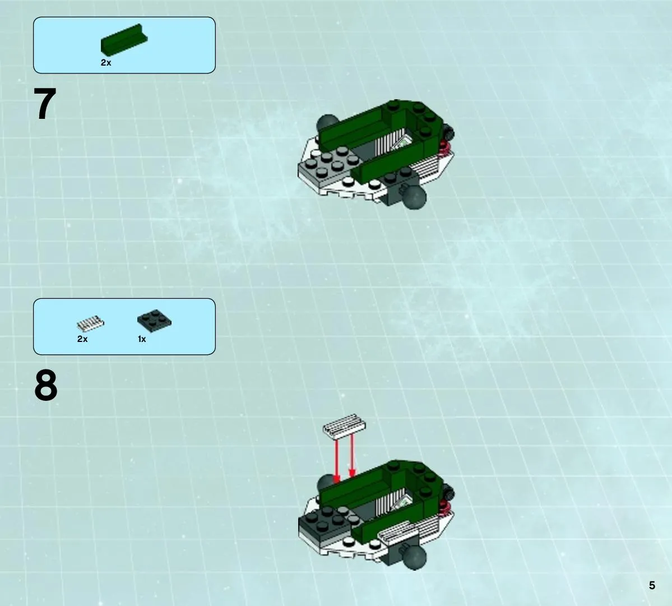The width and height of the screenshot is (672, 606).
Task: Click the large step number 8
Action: click(45, 385)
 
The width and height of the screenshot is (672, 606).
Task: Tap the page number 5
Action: click(652, 585)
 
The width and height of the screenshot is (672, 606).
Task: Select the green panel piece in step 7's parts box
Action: click(124, 39)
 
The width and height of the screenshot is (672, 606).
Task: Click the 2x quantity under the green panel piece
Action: click(106, 63)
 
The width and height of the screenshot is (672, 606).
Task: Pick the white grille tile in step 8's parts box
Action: click(90, 323)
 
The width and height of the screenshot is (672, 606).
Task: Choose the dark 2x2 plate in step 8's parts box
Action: click(154, 320)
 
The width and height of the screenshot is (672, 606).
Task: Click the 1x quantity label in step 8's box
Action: click(142, 339)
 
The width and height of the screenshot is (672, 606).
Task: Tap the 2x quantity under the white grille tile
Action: click(82, 339)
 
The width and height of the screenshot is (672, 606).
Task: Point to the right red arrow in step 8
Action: click(352, 456)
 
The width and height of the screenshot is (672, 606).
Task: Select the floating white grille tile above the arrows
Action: click(344, 426)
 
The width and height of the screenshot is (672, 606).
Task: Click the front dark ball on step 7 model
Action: click(414, 197)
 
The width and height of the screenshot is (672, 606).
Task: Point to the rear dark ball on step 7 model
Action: click(327, 124)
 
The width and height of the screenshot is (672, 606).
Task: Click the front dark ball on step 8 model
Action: click(414, 558)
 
